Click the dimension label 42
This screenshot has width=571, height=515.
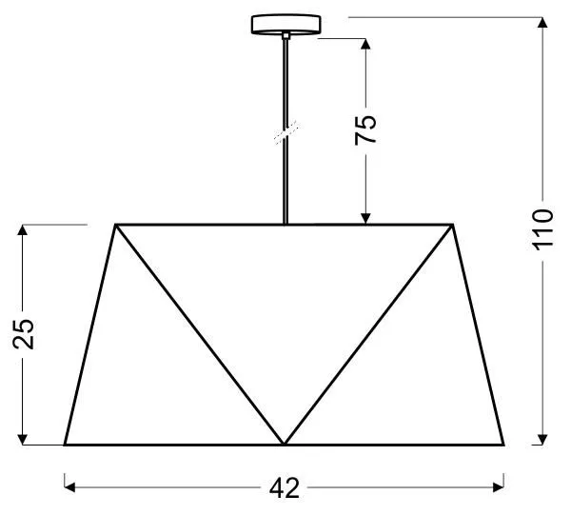pyautogui.click(x=285, y=488)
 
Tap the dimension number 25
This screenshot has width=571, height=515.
pyautogui.click(x=23, y=334)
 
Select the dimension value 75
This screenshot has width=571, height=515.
pyautogui.click(x=365, y=130)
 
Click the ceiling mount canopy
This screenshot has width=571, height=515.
pyautogui.click(x=285, y=24)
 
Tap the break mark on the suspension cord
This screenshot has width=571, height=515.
pyautogui.click(x=286, y=132)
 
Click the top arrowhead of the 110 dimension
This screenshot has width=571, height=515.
pyautogui.click(x=542, y=22)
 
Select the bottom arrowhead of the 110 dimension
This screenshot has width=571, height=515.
pyautogui.click(x=542, y=440)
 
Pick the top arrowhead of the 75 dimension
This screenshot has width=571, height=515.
pyautogui.click(x=365, y=44)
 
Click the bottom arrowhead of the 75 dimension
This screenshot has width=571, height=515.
pyautogui.click(x=365, y=219)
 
